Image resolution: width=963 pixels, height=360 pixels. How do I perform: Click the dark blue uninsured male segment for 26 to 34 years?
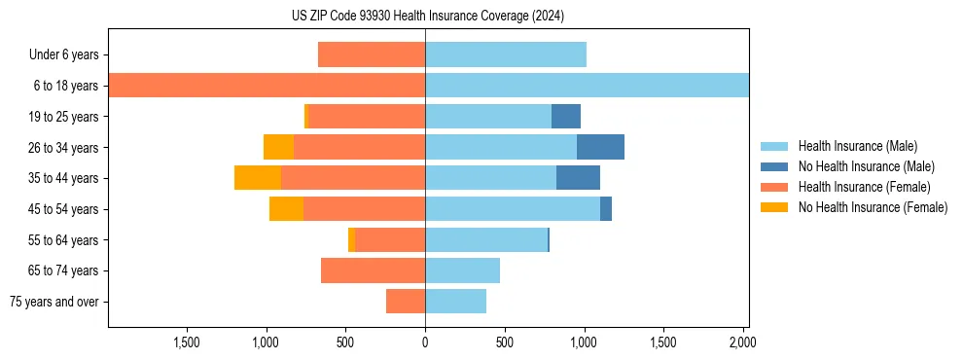pyautogui.click(x=600, y=147)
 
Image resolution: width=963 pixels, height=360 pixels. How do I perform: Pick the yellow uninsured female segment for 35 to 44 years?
pyautogui.click(x=258, y=178)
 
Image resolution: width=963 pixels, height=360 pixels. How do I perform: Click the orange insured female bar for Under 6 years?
pyautogui.click(x=372, y=55)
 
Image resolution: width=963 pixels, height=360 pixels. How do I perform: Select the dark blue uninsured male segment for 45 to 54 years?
pyautogui.click(x=606, y=209)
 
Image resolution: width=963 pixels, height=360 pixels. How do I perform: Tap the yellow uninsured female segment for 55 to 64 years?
pyautogui.click(x=351, y=240)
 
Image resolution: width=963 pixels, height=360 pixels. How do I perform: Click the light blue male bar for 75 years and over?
pyautogui.click(x=455, y=302)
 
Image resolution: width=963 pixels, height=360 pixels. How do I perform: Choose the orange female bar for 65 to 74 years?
pyautogui.click(x=373, y=270)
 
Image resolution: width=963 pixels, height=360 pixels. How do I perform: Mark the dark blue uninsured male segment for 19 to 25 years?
pyautogui.click(x=566, y=117)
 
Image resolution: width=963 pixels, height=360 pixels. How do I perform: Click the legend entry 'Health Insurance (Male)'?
pyautogui.click(x=857, y=146)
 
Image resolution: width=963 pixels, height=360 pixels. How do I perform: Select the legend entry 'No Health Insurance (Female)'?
pyautogui.click(x=873, y=207)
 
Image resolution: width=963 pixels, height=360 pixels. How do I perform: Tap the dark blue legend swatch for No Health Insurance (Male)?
pyautogui.click(x=774, y=166)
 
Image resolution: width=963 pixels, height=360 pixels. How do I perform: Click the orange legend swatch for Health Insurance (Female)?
pyautogui.click(x=774, y=187)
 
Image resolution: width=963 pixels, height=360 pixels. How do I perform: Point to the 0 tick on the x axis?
pyautogui.click(x=425, y=342)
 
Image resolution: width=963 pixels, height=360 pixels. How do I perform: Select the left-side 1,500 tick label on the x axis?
pyautogui.click(x=187, y=342)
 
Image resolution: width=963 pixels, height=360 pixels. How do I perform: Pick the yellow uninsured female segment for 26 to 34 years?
pyautogui.click(x=278, y=147)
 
